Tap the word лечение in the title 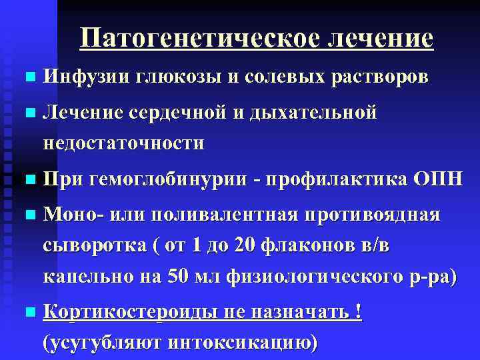379,38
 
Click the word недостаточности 124,143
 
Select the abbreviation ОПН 437,180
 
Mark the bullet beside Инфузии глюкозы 26,77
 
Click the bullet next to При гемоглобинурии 26,181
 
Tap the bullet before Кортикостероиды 26,313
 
